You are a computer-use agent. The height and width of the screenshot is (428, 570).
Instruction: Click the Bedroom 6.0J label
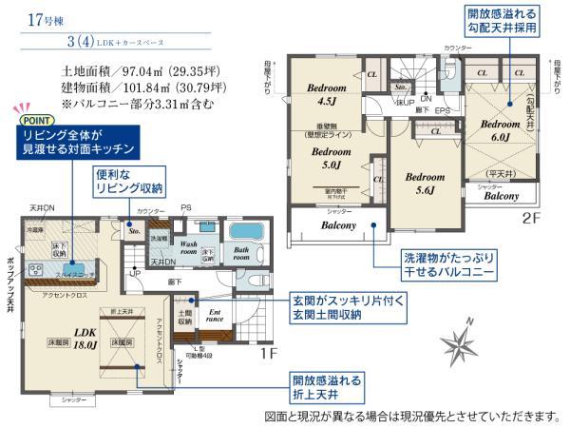(499, 130)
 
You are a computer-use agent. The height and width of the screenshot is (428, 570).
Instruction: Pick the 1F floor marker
(270, 352)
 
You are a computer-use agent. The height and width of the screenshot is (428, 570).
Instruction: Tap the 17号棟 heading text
(31, 16)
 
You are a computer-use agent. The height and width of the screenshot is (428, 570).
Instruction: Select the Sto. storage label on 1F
(134, 229)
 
